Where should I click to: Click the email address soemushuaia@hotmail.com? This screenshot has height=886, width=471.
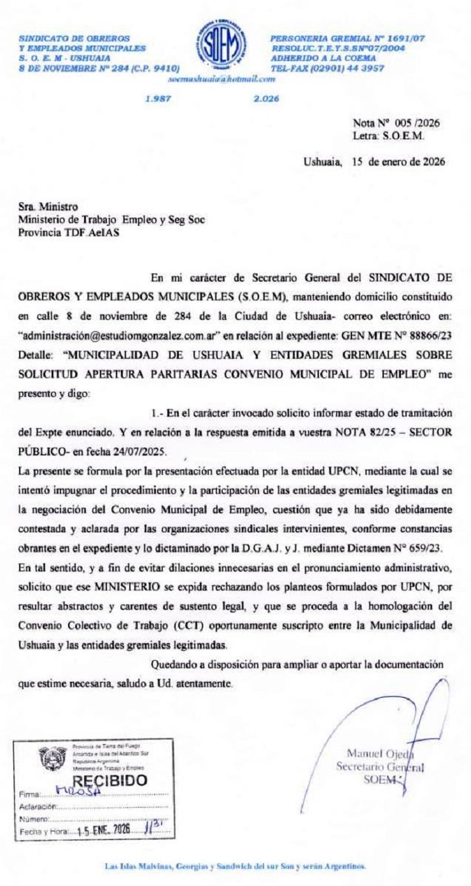tap(221, 80)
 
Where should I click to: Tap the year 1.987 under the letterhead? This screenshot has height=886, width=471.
tap(156, 99)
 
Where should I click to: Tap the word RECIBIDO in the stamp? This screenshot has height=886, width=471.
tap(110, 780)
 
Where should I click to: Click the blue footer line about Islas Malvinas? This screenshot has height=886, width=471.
tap(235, 867)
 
